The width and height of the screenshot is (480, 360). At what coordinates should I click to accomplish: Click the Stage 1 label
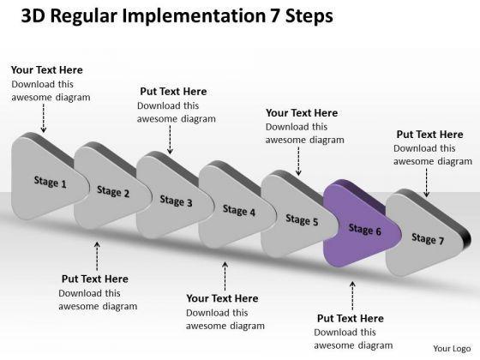(51, 182)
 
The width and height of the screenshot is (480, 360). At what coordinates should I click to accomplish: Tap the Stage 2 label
(113, 192)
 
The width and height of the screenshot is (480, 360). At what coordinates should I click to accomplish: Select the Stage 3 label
(176, 201)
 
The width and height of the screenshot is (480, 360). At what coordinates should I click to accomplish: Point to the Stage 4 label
(239, 211)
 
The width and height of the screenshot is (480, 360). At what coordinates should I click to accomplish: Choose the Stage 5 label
(302, 220)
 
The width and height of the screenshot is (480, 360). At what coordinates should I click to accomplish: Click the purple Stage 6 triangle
(361, 224)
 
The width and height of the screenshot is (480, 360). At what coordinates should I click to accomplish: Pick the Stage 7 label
(428, 239)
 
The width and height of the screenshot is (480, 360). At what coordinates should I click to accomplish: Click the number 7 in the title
(274, 16)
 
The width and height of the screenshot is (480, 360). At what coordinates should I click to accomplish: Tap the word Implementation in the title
(194, 17)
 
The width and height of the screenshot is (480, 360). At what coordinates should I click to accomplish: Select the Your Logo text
(452, 349)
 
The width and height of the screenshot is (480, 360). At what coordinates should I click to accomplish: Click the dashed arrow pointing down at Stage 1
(44, 118)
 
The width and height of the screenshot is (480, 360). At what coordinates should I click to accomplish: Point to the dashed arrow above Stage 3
(170, 140)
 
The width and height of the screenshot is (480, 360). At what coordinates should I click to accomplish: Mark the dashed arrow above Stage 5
(298, 161)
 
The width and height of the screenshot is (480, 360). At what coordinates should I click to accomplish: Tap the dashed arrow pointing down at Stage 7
(427, 183)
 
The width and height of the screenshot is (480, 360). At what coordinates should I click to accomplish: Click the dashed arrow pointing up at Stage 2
(97, 256)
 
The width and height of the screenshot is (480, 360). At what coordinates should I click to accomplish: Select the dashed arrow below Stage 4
(225, 276)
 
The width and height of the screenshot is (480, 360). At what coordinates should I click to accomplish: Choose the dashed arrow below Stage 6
(352, 296)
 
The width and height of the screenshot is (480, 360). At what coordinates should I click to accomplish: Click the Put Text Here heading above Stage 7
(429, 135)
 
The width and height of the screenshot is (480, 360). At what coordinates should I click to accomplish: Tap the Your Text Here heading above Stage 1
(47, 70)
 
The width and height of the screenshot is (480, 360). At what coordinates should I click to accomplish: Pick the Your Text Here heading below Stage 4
(222, 298)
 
